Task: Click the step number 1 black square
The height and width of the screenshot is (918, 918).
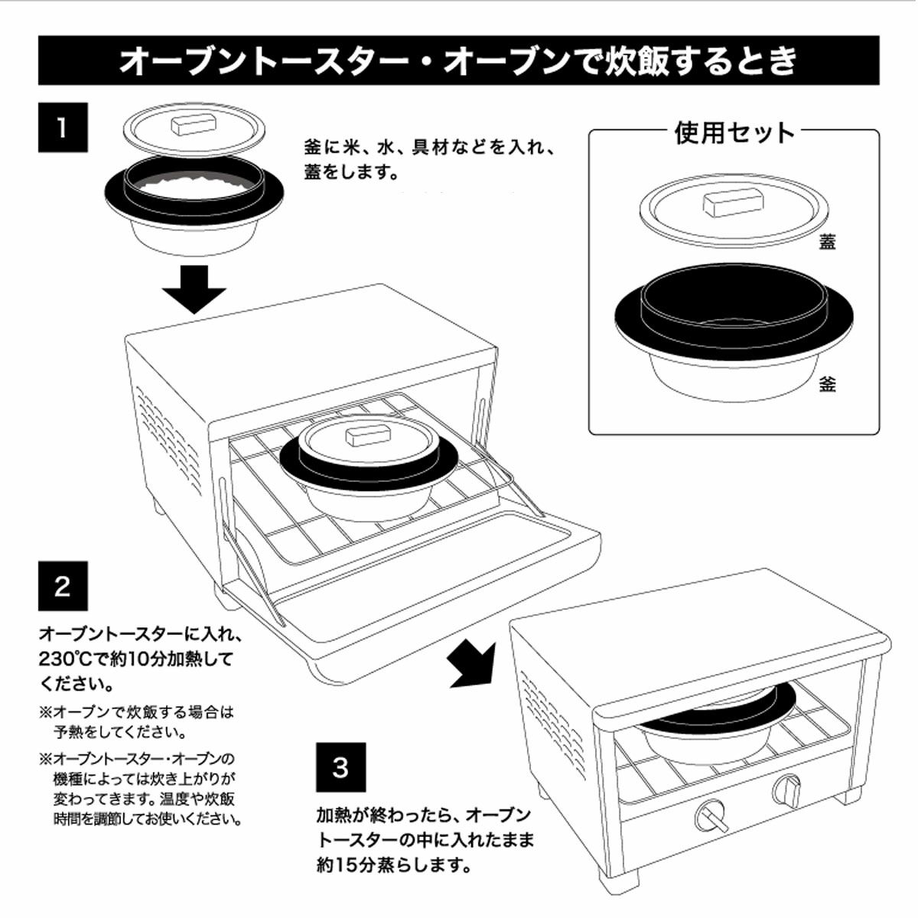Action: (63, 127)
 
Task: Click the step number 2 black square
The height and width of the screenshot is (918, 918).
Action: (63, 586)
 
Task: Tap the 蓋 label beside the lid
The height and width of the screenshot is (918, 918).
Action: (827, 242)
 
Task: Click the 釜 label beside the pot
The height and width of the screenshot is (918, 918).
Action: (827, 383)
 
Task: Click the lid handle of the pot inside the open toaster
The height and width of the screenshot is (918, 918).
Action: (369, 435)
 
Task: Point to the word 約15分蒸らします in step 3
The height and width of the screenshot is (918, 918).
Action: (392, 866)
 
